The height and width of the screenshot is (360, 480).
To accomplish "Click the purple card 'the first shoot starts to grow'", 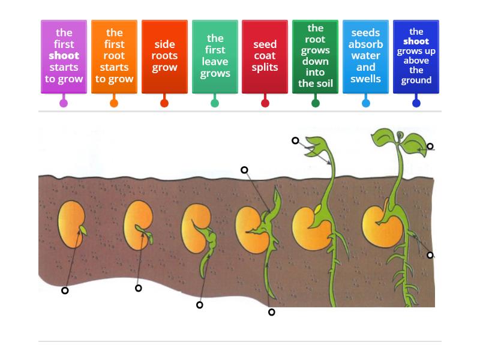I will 64,56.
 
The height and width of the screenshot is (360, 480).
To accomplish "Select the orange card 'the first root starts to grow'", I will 114,56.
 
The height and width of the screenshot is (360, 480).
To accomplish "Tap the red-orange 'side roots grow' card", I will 164,56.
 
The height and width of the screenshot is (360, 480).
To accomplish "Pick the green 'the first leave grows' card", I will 215,56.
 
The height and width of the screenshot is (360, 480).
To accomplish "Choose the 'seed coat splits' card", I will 265,56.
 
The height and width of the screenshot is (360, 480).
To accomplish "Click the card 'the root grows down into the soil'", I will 315,56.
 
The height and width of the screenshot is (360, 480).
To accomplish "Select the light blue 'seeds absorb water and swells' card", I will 365,56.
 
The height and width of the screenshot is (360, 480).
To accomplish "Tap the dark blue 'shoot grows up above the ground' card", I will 416,56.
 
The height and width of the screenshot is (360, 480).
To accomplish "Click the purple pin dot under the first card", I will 64,103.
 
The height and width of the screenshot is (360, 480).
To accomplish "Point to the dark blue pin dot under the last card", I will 416,103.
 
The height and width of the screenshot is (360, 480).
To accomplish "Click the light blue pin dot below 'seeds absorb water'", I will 366,103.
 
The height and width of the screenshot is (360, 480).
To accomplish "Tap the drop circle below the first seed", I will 65,291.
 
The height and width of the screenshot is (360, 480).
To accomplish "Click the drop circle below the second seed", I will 139,289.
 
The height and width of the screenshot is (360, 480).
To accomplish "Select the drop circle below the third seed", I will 200,305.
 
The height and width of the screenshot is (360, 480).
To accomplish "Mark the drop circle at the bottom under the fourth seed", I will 272,312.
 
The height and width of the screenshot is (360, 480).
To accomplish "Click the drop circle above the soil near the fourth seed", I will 244,170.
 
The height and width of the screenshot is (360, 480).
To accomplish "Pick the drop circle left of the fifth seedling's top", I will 295,141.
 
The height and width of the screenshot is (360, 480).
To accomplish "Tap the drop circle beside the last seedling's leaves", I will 430,146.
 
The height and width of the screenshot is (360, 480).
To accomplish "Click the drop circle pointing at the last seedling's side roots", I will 430,256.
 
